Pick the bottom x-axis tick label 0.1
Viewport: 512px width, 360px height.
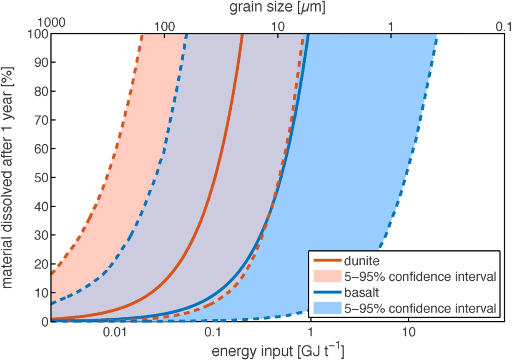click(213, 335)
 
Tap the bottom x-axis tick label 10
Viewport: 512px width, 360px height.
click(408, 335)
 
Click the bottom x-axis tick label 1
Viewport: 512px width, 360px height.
click(310, 335)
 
